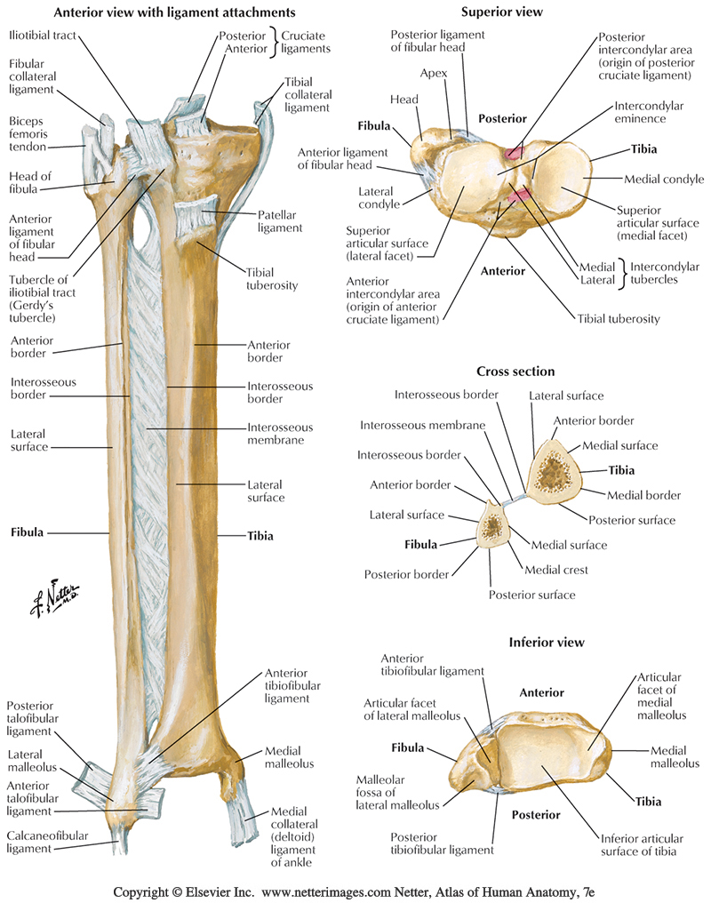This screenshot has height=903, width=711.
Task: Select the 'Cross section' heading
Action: point(515,372)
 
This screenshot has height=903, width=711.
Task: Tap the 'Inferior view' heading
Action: point(546,642)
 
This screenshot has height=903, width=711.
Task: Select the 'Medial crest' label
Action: point(555,570)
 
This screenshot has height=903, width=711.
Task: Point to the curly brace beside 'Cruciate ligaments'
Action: point(276,42)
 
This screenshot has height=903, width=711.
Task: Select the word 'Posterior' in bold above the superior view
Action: point(503,118)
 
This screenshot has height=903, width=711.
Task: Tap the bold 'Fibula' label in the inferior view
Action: point(407,747)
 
